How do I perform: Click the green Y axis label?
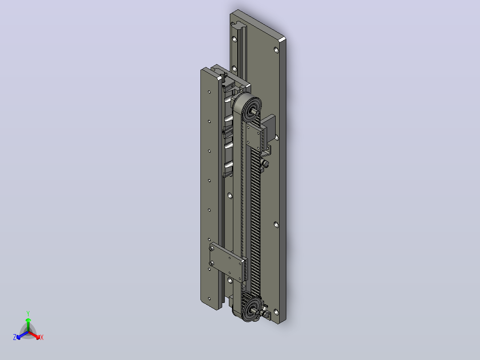click(28, 313)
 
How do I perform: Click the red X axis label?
click(42, 337)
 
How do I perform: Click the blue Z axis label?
click(15, 337)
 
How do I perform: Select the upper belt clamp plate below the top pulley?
click(255, 137)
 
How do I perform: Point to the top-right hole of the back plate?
click(276, 49)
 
